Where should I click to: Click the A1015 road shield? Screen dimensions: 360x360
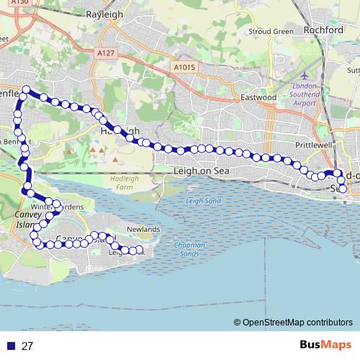pos(184,66)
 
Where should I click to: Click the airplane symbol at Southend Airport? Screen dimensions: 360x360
pos(304,75)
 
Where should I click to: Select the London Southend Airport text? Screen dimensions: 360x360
pos(305,94)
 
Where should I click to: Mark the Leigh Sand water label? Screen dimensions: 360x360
pos(203,203)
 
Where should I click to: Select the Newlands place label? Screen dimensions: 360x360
pos(143,230)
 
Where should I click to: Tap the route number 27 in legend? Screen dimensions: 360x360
pos(27,346)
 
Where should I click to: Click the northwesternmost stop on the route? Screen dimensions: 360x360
pos(25,90)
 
